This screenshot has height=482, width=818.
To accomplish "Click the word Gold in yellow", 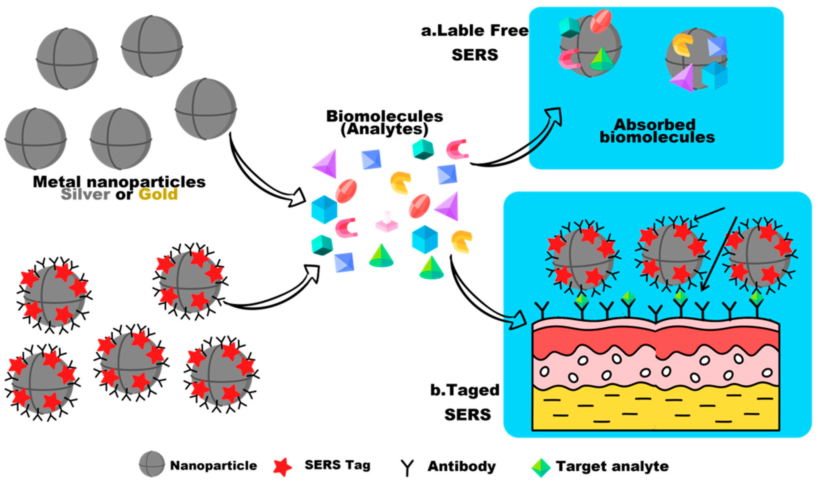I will pyautogui.click(x=158, y=194).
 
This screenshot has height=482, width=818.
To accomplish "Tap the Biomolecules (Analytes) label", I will pyautogui.click(x=385, y=123).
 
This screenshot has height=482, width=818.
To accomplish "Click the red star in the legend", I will pyautogui.click(x=282, y=467).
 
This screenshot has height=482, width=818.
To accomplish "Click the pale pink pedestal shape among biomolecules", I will pyautogui.click(x=387, y=222).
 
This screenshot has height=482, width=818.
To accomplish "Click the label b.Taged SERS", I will pyautogui.click(x=466, y=402).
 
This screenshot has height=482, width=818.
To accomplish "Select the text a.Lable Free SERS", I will pyautogui.click(x=475, y=42).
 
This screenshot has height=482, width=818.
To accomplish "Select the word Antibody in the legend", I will pyautogui.click(x=461, y=466).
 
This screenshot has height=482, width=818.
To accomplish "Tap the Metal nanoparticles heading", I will pyautogui.click(x=119, y=182).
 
